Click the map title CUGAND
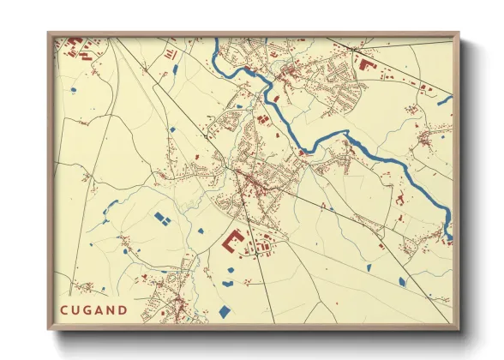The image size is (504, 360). click(93, 309)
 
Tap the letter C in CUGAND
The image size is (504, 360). click(63, 309)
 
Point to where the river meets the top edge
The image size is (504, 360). click(216, 39)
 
